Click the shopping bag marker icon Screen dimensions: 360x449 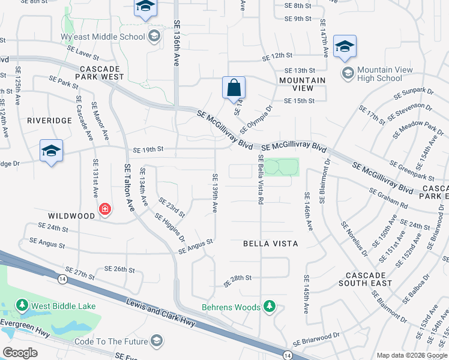tap(234, 88)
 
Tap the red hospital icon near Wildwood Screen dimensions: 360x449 tap(105, 209)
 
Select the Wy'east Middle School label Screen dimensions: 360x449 tap(112, 37)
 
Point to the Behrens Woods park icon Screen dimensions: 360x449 tap(270, 307)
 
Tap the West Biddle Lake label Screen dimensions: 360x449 tap(63, 306)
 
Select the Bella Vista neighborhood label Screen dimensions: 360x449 tap(270, 244)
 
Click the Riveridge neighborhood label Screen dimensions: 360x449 tap(49, 120)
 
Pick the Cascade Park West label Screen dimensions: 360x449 tap(100, 73)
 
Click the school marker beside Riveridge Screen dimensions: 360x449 tap(52, 150)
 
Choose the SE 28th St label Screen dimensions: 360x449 tap(237, 278)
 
